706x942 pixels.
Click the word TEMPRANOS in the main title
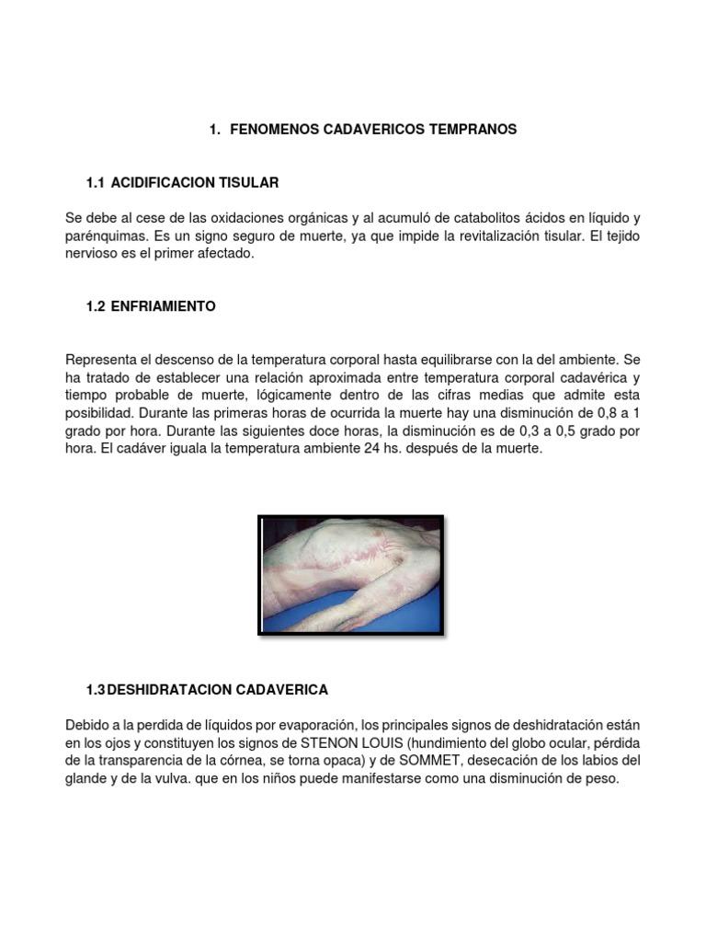[x=473, y=130]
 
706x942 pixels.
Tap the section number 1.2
[x=96, y=306]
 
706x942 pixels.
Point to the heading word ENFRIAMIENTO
[x=164, y=306]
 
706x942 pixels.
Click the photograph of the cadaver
[x=352, y=575]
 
